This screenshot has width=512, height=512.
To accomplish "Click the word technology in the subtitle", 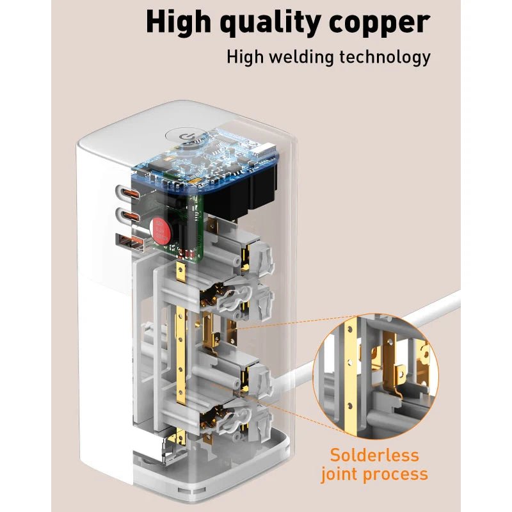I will click(390, 56).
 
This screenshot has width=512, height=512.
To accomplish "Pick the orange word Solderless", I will click(374, 456).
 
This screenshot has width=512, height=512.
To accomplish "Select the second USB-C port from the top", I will click(127, 216).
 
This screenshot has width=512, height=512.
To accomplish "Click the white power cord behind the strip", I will click(442, 306).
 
